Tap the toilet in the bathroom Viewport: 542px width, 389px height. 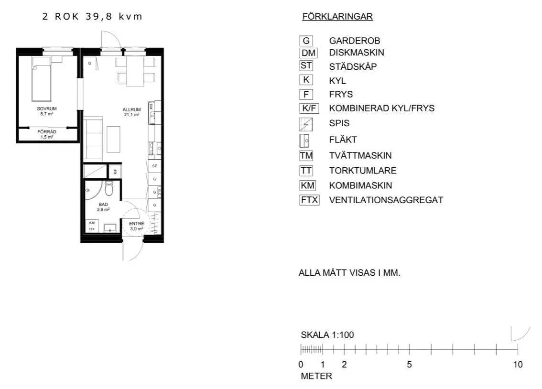point(109,189)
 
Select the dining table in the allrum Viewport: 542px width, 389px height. point(135,71)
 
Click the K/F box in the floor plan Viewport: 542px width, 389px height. point(115,171)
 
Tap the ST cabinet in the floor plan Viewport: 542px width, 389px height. point(154,166)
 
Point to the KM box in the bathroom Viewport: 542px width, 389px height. point(92,223)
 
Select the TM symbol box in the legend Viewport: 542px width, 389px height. point(306,155)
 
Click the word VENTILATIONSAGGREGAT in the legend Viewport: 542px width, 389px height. point(386,200)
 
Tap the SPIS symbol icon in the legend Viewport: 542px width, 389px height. point(306,124)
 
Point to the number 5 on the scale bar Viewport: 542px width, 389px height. point(409,365)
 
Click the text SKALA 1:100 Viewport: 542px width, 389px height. point(327,335)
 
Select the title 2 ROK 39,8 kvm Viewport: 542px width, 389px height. point(92,17)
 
